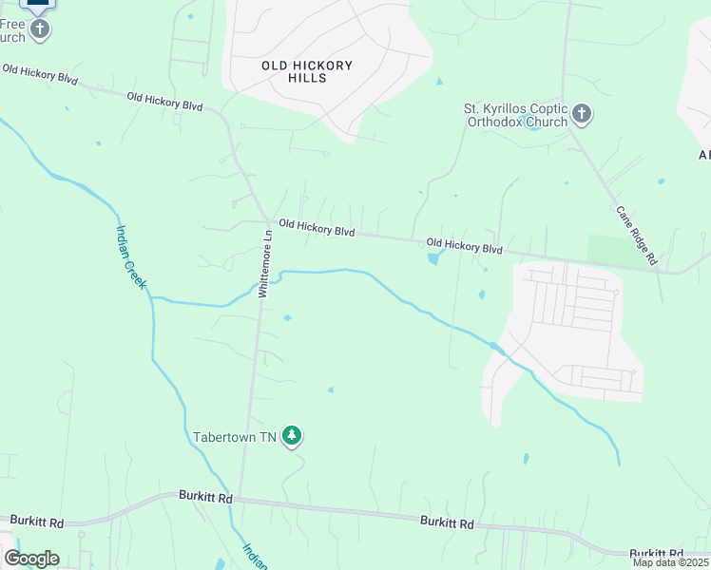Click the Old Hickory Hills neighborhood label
click(306, 71)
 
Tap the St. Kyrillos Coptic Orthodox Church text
click(514, 115)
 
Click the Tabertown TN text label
click(234, 437)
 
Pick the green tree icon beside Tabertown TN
click(293, 437)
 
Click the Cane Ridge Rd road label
click(636, 235)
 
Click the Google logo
click(31, 559)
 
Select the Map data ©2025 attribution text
click(670, 562)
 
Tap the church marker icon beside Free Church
click(40, 29)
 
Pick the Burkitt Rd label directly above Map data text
click(656, 553)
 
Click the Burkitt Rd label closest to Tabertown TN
click(205, 497)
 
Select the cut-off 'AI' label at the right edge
click(704, 155)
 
